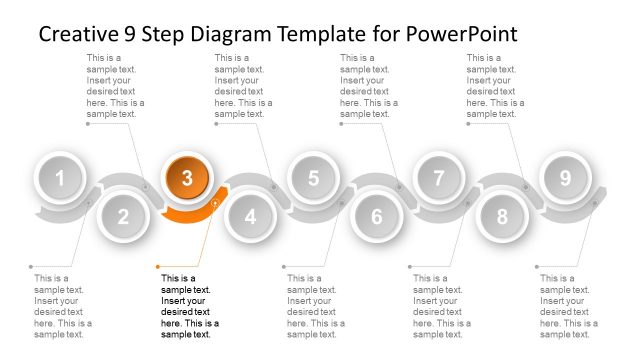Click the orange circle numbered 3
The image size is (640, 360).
point(187,179)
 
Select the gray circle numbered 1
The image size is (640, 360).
point(61,179)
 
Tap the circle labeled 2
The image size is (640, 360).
point(124,216)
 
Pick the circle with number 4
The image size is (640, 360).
point(250,216)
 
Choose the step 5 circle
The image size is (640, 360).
point(313,179)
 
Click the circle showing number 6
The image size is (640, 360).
point(376,216)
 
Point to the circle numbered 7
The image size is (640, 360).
point(438,179)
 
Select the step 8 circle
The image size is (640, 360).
point(502,216)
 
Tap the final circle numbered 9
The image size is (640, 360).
point(565,179)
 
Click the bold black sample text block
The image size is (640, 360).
point(190,306)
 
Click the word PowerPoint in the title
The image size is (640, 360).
point(462,34)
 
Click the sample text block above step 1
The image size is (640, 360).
point(116,86)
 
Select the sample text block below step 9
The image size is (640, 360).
point(568,306)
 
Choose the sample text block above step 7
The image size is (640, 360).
point(495,86)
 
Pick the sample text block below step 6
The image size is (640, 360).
point(442,306)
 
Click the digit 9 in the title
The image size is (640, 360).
point(133,34)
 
